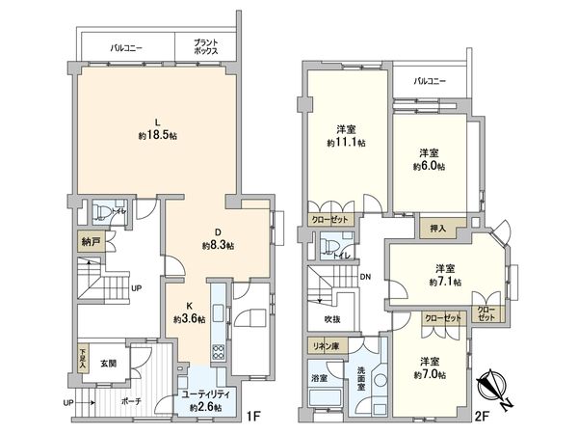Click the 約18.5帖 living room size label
coord(157,136)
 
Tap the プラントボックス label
coord(204,45)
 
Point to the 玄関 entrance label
coord(107,364)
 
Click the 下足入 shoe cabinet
coord(84,361)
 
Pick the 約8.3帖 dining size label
coord(218,246)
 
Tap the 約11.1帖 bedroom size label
coord(344,143)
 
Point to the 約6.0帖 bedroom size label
coord(429,166)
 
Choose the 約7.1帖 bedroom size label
coord(444,282)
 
